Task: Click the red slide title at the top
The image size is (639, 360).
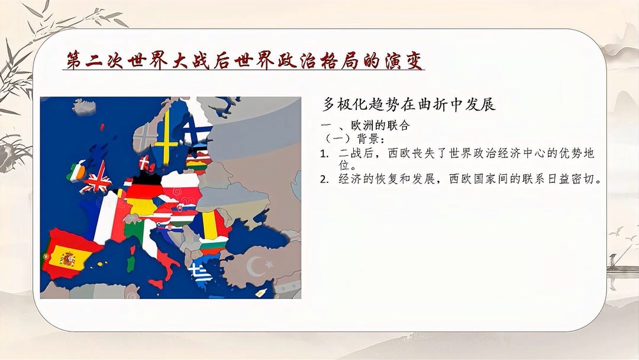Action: click(x=244, y=61)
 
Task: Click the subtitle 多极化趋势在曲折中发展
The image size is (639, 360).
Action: click(x=409, y=104)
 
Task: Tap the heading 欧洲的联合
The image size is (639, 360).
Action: click(x=380, y=125)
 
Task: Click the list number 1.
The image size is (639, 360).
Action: click(x=324, y=154)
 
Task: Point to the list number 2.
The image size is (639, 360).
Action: click(x=324, y=179)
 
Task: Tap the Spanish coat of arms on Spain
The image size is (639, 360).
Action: click(x=67, y=259)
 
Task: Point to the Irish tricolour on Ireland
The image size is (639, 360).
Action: click(x=76, y=171)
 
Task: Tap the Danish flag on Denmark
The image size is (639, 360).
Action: click(x=144, y=163)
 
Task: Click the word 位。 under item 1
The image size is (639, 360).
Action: click(x=348, y=166)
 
